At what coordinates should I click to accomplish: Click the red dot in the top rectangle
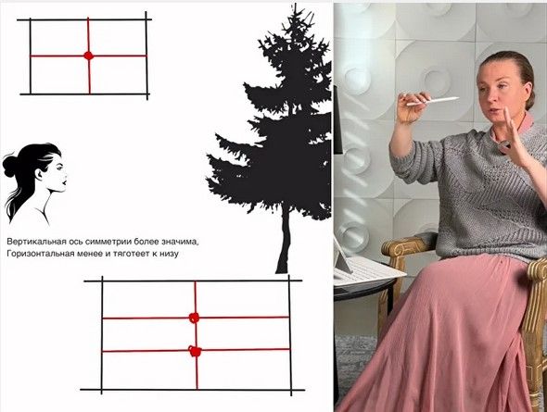click(89, 56)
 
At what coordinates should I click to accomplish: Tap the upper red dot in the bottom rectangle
click(194, 318)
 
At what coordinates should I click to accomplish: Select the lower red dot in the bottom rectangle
click(195, 351)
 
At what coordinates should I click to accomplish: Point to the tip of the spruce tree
click(295, 5)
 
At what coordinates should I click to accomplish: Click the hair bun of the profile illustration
click(8, 166)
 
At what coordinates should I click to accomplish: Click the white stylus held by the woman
click(433, 101)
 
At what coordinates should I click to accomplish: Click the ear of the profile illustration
click(39, 174)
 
